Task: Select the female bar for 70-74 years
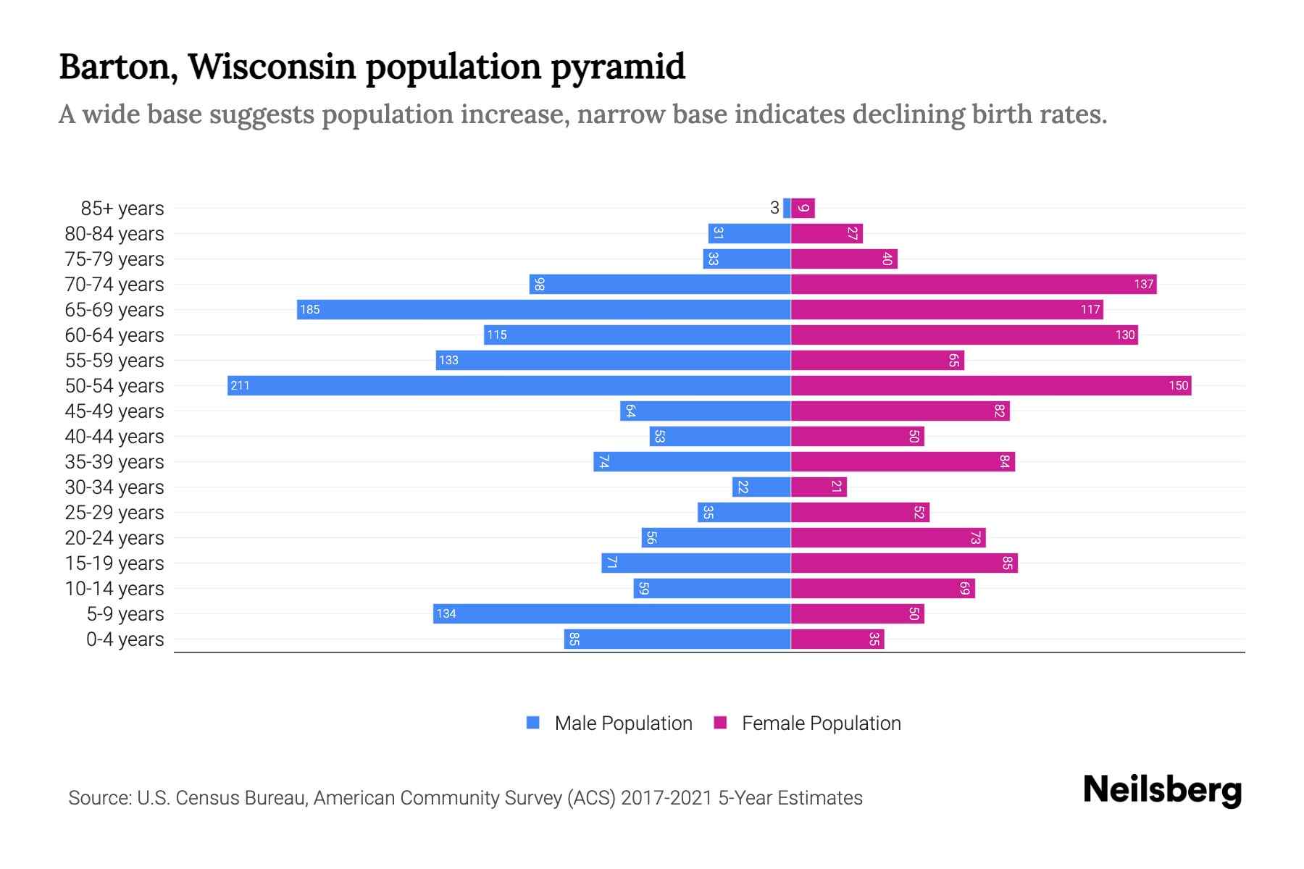[x=973, y=284]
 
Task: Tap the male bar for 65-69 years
[x=543, y=309]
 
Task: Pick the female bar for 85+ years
[x=803, y=209]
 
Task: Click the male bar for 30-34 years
[x=761, y=487]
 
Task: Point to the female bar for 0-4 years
[x=837, y=639]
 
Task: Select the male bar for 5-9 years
[x=611, y=613]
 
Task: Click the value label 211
[x=240, y=385]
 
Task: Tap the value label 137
[x=1143, y=284]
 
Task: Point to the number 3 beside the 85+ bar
[x=774, y=209]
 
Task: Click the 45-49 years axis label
[x=114, y=411]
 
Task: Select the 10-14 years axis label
[x=114, y=588]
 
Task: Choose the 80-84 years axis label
[x=114, y=233]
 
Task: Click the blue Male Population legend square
[x=533, y=723]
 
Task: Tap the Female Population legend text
[x=821, y=723]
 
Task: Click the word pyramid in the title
[x=617, y=67]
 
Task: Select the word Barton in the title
[x=118, y=67]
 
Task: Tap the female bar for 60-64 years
[x=964, y=335]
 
